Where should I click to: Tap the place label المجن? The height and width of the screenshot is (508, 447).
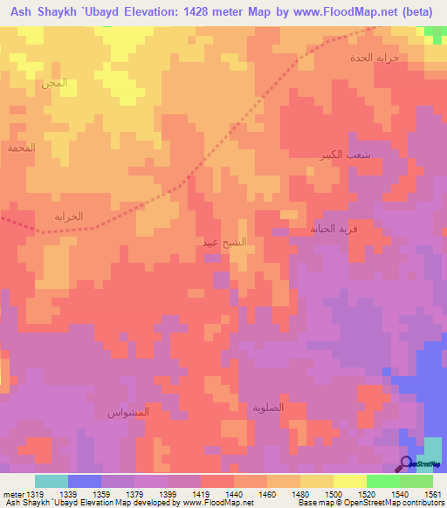click(x=53, y=84)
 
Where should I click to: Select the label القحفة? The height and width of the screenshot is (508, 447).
click(x=22, y=148)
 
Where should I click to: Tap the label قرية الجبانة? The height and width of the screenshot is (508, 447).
click(x=333, y=229)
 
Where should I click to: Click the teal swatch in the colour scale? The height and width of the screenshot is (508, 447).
click(x=52, y=481)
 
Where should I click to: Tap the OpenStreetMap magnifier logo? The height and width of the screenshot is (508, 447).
click(x=407, y=463)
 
